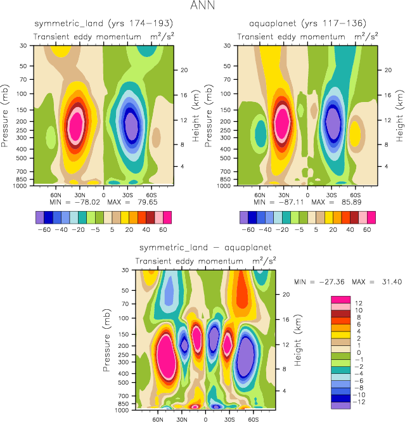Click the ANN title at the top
(202, 7)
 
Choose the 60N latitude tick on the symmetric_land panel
(56, 195)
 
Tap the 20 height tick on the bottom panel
(285, 294)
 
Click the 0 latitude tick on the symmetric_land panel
(104, 195)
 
